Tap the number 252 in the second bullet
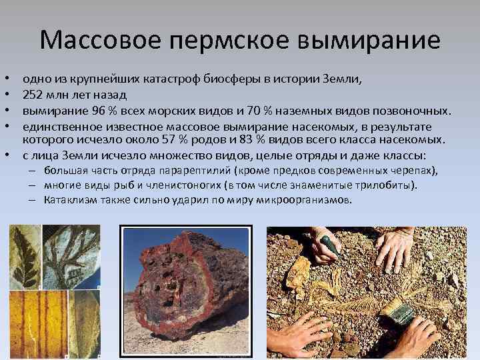(x=33, y=94)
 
